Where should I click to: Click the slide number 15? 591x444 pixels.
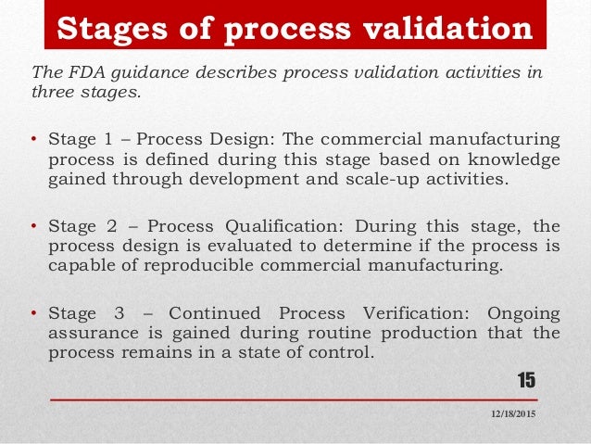525,379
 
